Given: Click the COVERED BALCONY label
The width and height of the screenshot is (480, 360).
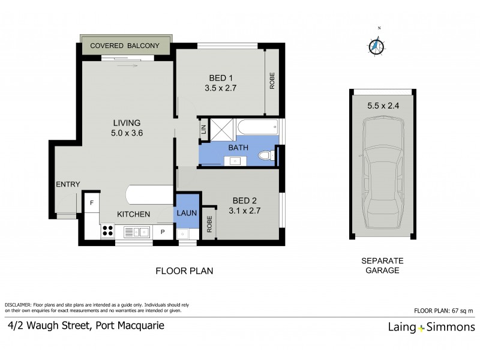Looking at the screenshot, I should [x=124, y=46].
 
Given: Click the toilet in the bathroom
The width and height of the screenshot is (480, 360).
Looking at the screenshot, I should [x=266, y=157].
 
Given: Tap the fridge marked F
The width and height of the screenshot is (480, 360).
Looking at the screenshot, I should [x=91, y=202].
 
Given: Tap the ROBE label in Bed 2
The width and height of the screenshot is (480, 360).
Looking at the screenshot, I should [x=209, y=225].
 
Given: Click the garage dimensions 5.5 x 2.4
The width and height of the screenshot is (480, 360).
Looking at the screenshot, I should [x=382, y=106].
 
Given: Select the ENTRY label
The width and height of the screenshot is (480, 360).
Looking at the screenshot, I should [x=68, y=184].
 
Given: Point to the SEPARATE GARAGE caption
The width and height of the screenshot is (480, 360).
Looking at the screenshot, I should [x=381, y=266].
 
